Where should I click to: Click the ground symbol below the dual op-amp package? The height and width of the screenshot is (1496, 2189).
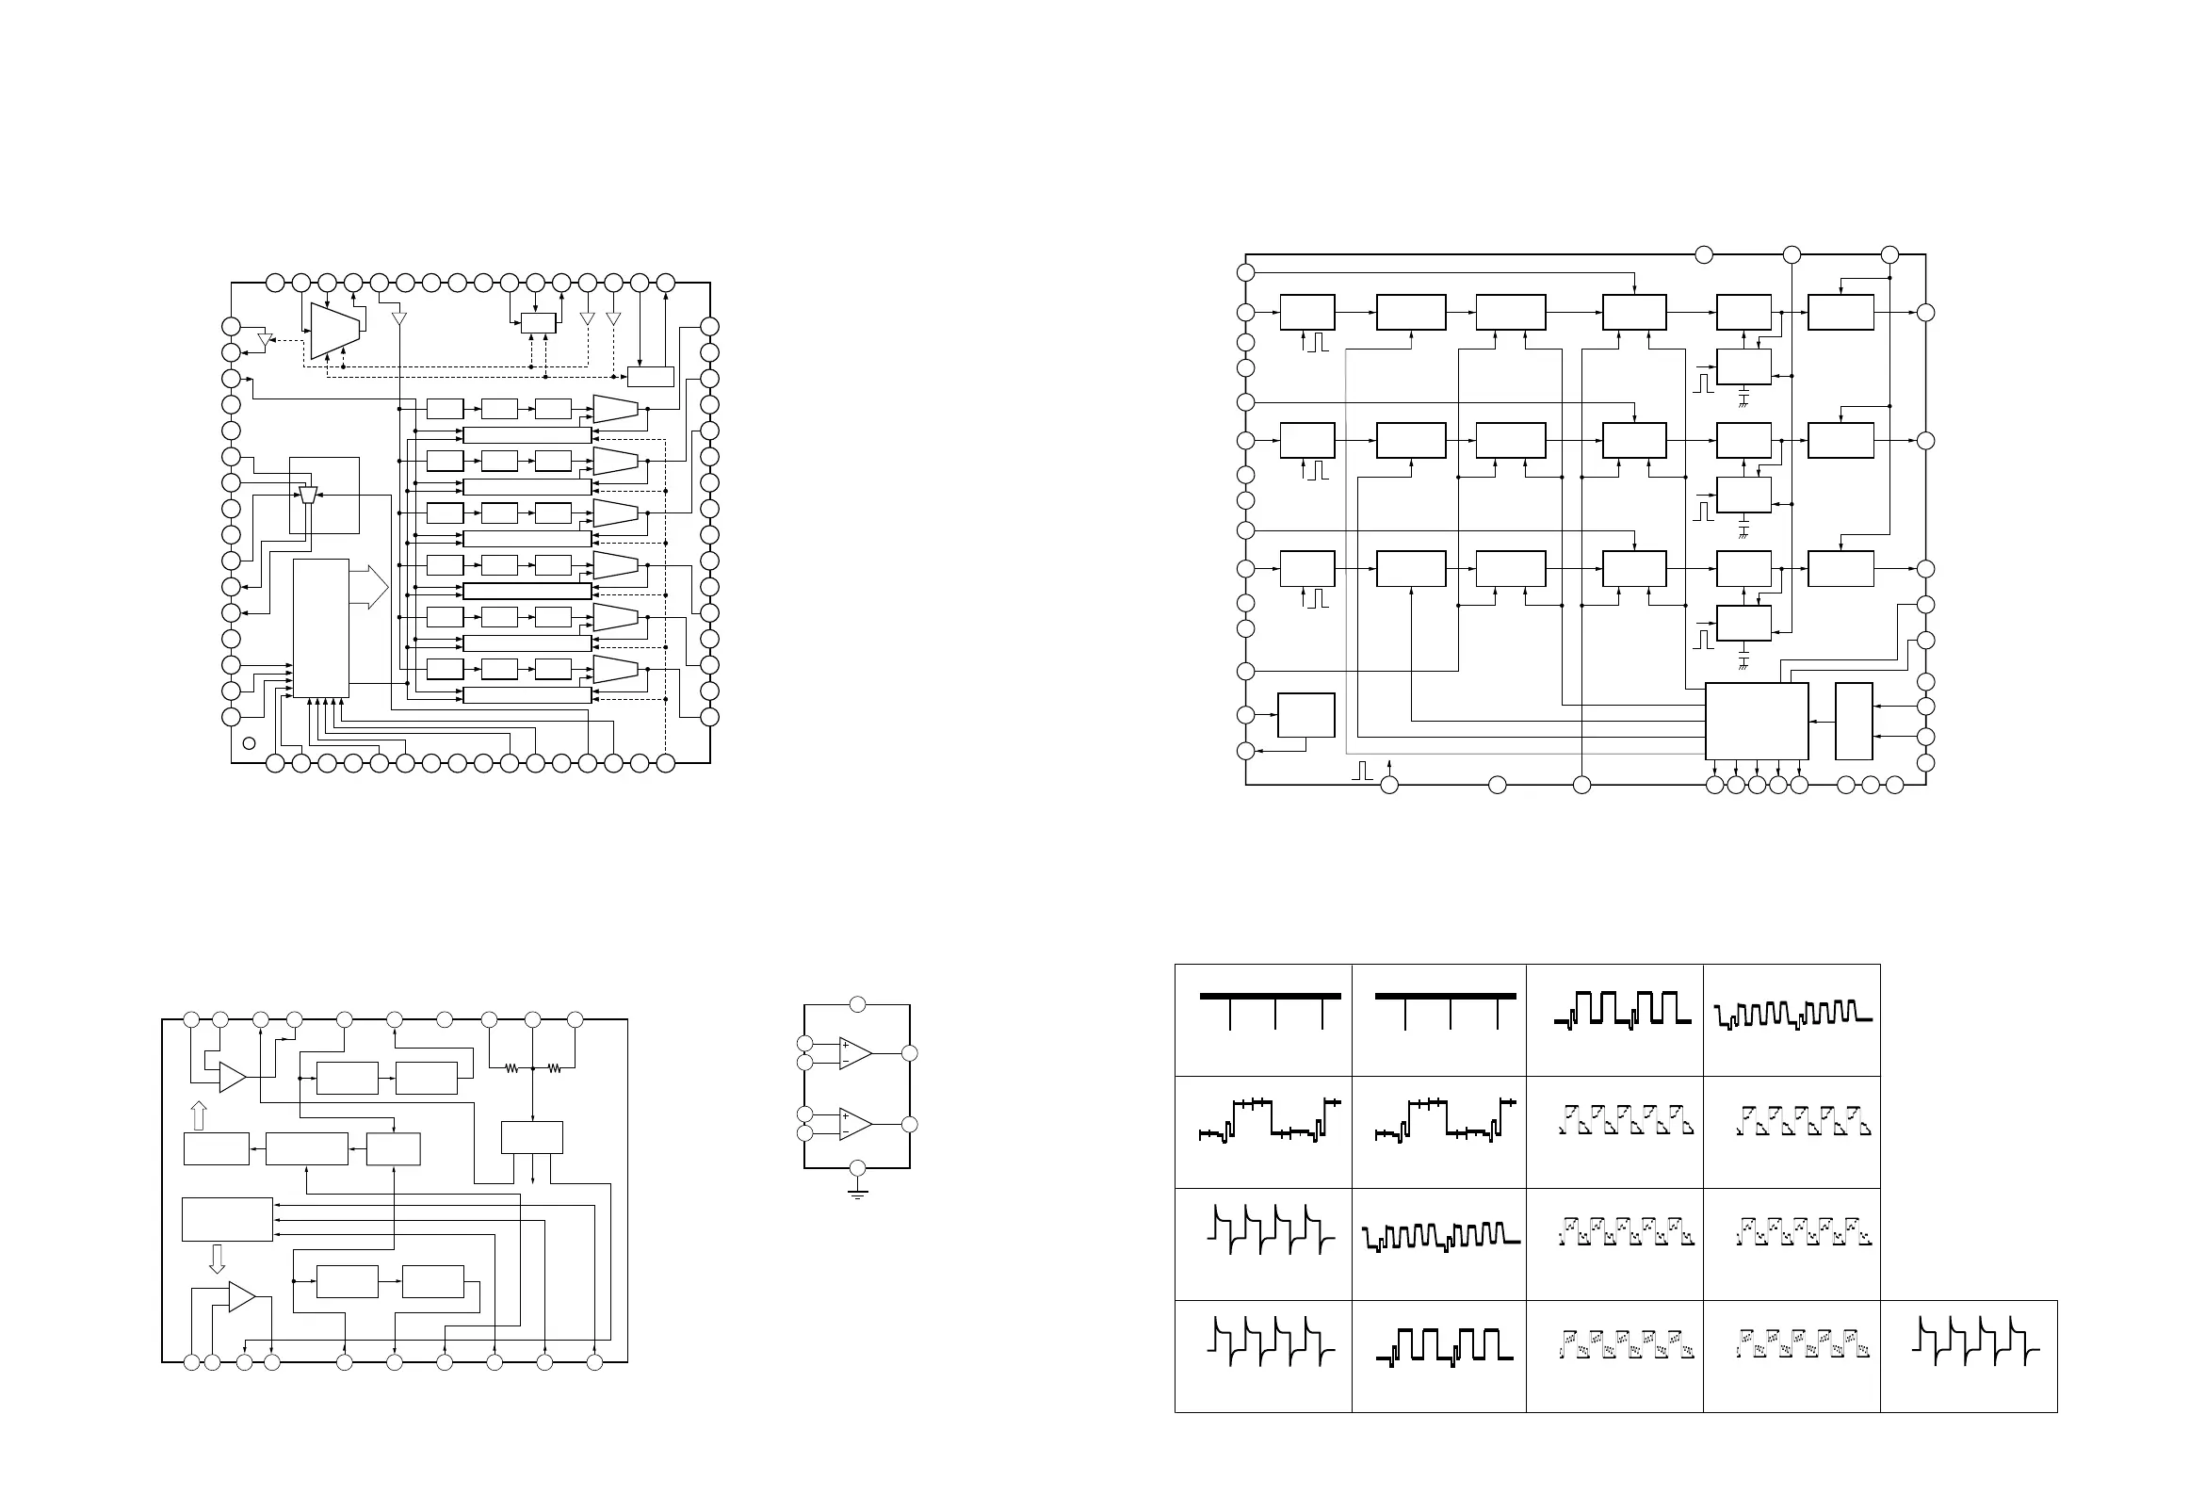[x=857, y=1195]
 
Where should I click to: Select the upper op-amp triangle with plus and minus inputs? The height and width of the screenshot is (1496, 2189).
[x=854, y=1053]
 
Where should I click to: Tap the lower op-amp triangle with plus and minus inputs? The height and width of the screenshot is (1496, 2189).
[x=854, y=1125]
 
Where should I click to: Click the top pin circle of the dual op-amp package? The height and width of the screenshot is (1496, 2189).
[x=857, y=1004]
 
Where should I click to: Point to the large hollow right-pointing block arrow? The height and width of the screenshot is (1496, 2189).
[x=369, y=587]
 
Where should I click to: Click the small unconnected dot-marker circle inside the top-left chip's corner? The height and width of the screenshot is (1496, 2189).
[x=249, y=743]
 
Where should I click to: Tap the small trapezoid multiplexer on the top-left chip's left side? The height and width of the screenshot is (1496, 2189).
[x=308, y=495]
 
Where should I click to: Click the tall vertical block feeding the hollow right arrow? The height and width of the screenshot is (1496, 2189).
[x=320, y=628]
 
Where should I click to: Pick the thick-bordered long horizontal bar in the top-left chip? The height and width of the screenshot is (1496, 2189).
[x=527, y=591]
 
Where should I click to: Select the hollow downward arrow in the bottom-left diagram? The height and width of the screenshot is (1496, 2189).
[x=217, y=1259]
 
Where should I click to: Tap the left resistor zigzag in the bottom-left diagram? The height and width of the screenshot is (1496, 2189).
[x=511, y=1068]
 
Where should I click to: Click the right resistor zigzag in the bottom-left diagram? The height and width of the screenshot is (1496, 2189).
[x=555, y=1068]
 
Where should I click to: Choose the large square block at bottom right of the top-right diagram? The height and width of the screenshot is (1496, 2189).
[x=1757, y=721]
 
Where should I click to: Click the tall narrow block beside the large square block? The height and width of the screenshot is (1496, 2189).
[x=1854, y=721]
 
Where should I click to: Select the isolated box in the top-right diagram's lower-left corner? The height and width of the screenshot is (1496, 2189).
[x=1305, y=715]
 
